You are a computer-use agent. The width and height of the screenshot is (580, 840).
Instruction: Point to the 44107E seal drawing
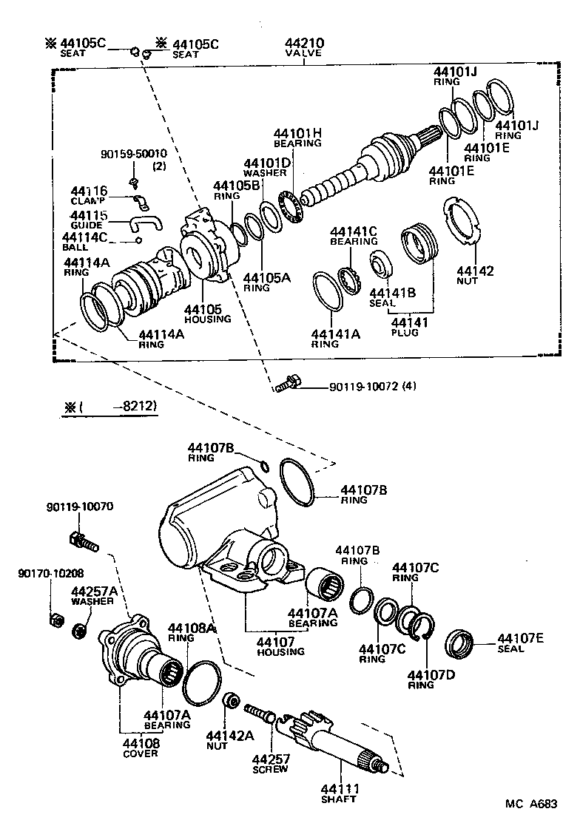coord(461,643)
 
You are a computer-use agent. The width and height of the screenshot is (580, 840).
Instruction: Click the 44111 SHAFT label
coord(339,793)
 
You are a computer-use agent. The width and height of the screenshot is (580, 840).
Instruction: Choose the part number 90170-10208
coord(50,572)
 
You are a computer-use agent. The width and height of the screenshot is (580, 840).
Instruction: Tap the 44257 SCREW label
coord(272,763)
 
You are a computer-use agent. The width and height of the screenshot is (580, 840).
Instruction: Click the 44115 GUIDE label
coord(90,220)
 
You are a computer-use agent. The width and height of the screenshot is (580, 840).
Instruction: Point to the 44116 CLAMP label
coord(90,195)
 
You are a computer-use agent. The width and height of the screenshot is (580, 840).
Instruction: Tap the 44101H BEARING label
coord(297,137)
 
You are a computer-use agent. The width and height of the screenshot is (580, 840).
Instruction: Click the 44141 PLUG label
coord(405,326)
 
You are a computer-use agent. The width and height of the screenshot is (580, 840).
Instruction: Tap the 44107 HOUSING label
coord(280,646)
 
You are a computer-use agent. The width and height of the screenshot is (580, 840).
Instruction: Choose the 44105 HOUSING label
coord(207,313)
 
